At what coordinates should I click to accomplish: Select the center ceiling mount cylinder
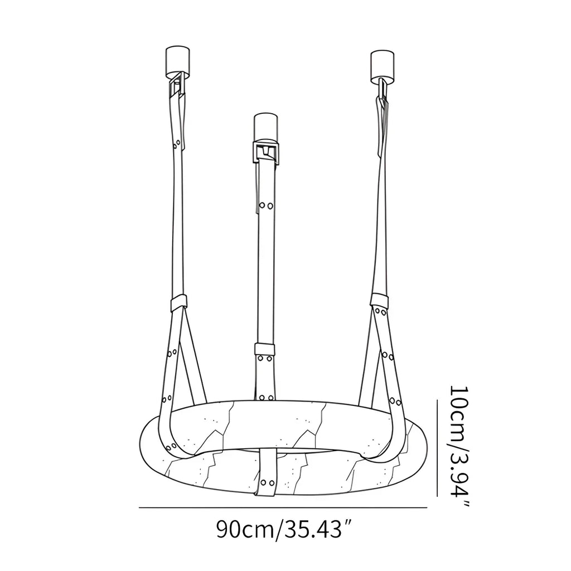click(x=266, y=127)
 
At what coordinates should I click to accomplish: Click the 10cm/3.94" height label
click(x=459, y=446)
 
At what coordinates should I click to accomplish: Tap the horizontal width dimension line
click(x=283, y=507)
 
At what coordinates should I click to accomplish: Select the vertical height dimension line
click(x=437, y=448)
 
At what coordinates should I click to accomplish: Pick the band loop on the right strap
click(x=379, y=300)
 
